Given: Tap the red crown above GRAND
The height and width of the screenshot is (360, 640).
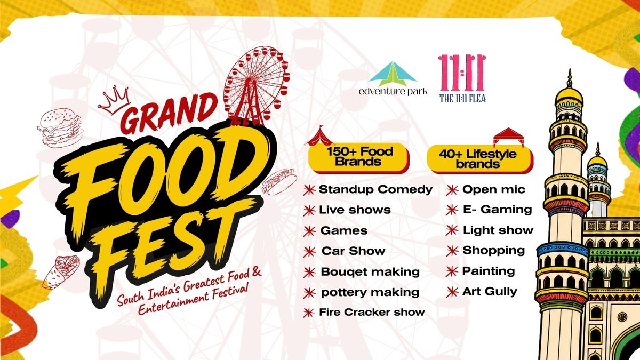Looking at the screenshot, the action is click(x=114, y=100).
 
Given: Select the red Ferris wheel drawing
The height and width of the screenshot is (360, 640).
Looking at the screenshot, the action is click(x=257, y=86).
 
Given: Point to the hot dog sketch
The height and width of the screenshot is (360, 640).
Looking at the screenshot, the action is click(x=278, y=182).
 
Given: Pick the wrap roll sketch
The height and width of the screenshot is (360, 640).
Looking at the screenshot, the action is click(x=61, y=271).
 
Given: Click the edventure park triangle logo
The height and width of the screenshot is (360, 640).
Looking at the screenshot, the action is click(x=393, y=74).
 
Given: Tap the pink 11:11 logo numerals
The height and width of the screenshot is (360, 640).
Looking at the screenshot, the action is click(x=462, y=73).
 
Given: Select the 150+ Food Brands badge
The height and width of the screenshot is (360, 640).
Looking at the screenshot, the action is click(x=358, y=158).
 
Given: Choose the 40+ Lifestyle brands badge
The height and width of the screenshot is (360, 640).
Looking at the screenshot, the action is click(x=480, y=159).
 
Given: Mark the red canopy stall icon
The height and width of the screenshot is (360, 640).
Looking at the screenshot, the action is click(x=509, y=137).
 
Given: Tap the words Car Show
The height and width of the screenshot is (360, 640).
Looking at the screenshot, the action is click(x=354, y=251).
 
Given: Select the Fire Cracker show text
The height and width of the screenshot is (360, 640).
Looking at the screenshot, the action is click(x=372, y=313).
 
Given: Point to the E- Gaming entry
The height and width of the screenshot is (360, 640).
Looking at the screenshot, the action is click(x=498, y=210).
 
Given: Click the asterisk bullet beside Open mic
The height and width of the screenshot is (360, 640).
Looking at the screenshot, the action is click(x=452, y=190).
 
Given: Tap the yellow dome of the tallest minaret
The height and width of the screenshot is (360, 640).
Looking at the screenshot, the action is click(x=569, y=95).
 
